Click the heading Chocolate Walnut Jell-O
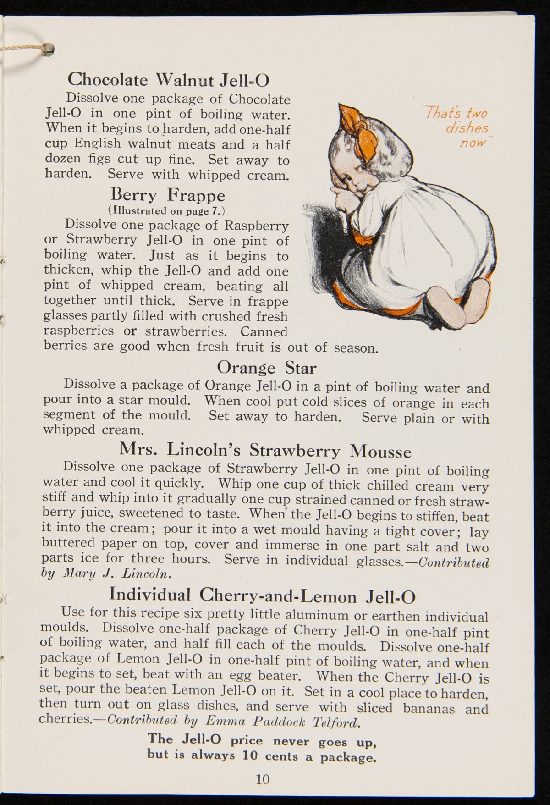(x=168, y=80)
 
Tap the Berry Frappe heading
(x=168, y=195)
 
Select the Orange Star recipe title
(x=266, y=367)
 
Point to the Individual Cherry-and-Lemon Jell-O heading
(x=262, y=595)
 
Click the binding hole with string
(x=48, y=48)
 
